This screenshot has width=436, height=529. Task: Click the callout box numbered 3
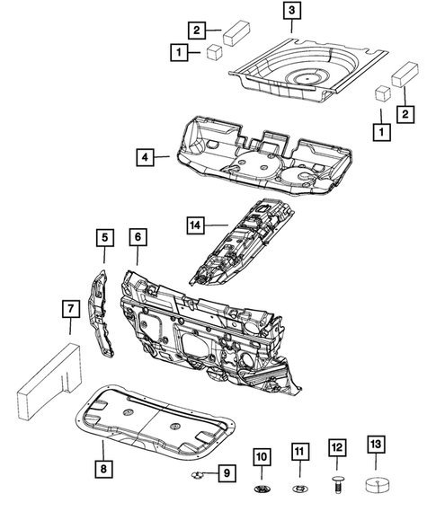click(x=291, y=10)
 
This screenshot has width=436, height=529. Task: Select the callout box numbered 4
click(x=146, y=157)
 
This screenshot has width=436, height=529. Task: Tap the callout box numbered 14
click(x=196, y=225)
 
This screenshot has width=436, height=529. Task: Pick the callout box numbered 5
click(x=104, y=238)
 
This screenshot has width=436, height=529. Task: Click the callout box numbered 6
click(x=138, y=237)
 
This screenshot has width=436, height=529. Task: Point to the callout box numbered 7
click(x=71, y=309)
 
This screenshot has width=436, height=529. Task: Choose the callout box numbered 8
click(x=103, y=468)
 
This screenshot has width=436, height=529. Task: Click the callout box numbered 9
click(x=227, y=473)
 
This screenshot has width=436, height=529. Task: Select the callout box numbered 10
click(x=262, y=457)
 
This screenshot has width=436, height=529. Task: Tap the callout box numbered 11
click(x=300, y=452)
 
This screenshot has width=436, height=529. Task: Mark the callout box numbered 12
click(x=337, y=447)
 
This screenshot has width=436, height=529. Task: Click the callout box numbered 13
click(x=376, y=444)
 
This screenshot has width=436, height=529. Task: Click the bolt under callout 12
click(x=338, y=484)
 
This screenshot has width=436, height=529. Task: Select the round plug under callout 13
click(x=378, y=485)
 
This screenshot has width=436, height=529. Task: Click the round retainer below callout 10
click(x=262, y=489)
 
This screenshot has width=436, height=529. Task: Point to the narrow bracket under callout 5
click(x=100, y=313)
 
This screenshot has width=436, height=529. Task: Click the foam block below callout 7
click(x=49, y=381)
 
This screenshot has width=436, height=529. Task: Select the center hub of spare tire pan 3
click(x=307, y=78)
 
